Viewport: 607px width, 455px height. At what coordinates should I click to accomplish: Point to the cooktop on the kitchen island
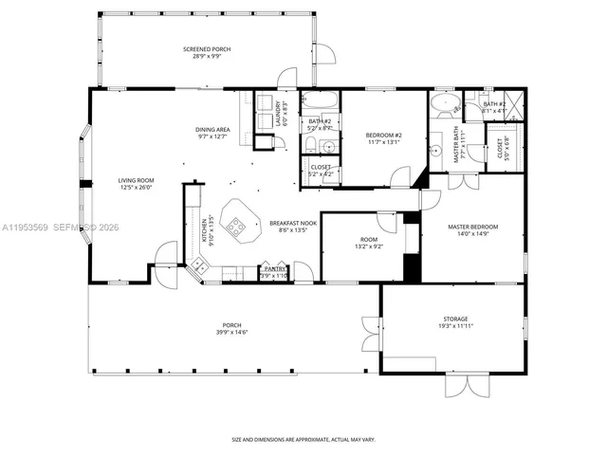point(237,226)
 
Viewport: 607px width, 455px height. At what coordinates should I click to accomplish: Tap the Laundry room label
point(279,113)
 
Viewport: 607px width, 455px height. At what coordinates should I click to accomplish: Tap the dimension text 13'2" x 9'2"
point(369,246)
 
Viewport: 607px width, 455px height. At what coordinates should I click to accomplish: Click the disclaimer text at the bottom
point(303,440)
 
